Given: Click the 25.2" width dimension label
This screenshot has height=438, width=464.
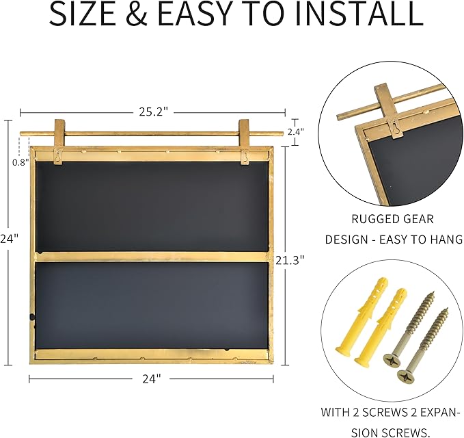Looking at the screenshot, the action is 153,112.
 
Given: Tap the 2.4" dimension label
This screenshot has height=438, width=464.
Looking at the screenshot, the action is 295,132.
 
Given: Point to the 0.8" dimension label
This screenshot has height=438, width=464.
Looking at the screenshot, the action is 21,162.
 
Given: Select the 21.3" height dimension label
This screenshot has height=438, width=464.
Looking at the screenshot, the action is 290,261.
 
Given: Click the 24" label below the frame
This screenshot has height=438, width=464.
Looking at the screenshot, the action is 151,378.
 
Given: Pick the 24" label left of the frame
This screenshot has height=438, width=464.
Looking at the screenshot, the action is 9,239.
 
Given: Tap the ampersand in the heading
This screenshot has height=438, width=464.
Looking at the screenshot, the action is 134,14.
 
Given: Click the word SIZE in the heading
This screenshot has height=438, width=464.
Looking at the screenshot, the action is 83,14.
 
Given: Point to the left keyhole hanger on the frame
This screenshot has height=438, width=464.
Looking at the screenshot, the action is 58,156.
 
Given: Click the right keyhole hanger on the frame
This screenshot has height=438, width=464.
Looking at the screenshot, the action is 245,156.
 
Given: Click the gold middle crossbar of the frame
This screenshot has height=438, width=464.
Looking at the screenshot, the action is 152,257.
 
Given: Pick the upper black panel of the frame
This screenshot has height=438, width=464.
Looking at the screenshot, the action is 152,206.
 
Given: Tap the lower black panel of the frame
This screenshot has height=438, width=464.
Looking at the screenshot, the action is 152,305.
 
